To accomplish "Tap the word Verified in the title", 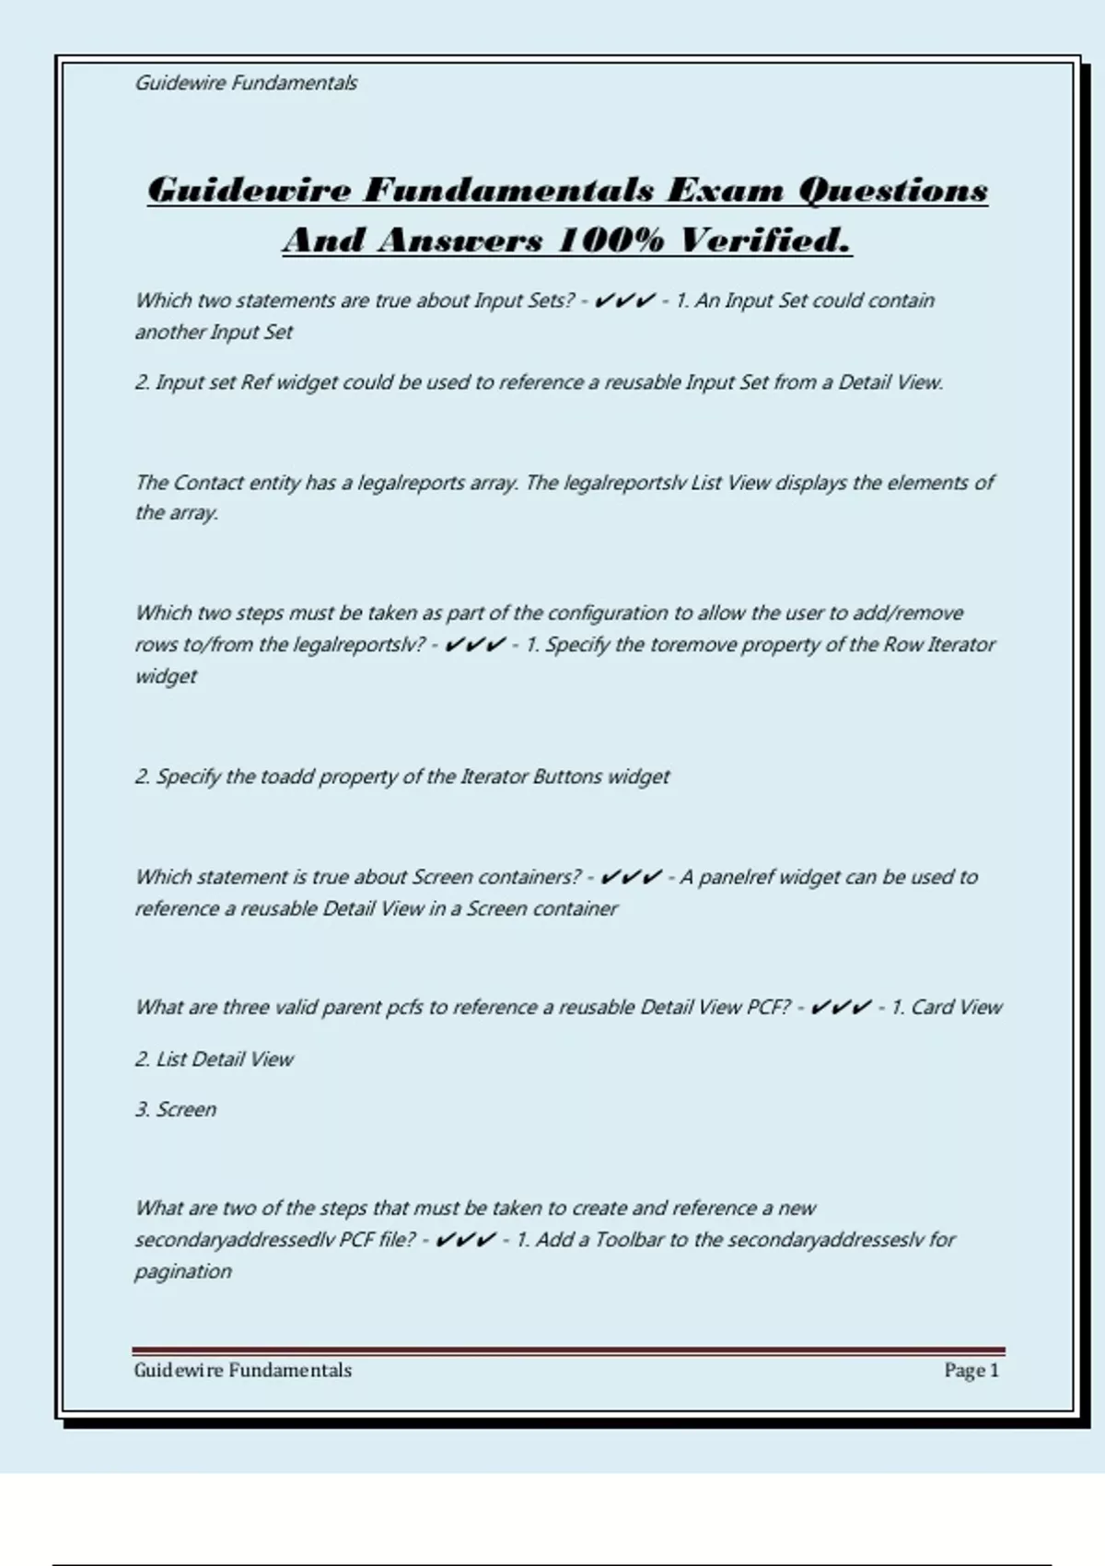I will click(x=764, y=240).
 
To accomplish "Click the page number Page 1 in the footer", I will click(x=971, y=1371).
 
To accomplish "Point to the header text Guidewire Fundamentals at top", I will click(x=246, y=83).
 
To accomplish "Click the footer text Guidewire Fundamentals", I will click(x=242, y=1371).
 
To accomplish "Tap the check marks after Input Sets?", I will click(x=624, y=301).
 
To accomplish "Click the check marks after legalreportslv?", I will click(x=474, y=645).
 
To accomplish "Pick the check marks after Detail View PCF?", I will click(x=841, y=1008).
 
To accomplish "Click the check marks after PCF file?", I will click(x=465, y=1240).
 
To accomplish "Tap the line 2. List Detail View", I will click(x=214, y=1059).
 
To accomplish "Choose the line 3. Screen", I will click(x=175, y=1110).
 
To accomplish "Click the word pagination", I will click(x=183, y=1272).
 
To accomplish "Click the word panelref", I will click(x=737, y=877).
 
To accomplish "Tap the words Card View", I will click(x=956, y=1008).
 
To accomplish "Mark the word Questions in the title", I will click(x=892, y=190).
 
